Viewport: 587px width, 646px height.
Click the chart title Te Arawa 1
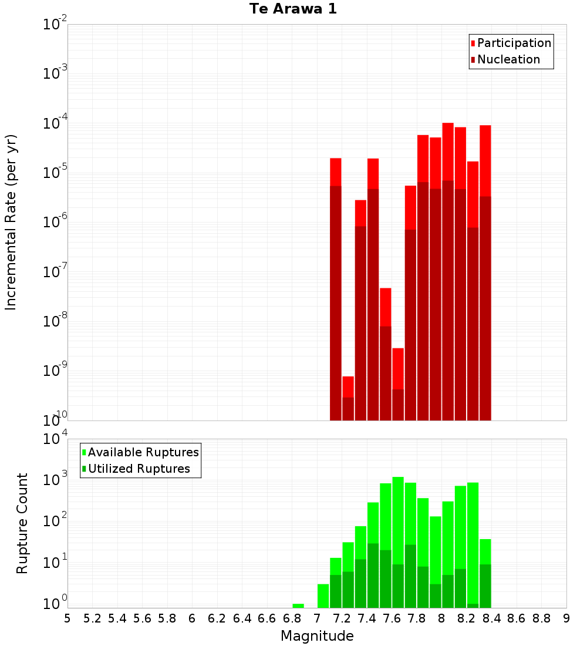click(293, 9)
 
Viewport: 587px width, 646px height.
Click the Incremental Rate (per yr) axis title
click(11, 222)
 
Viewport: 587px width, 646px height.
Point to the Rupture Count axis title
click(22, 523)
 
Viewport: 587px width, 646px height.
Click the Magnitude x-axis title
click(317, 636)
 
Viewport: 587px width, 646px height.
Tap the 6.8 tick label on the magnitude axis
click(292, 618)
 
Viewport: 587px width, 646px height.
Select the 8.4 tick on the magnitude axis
click(491, 618)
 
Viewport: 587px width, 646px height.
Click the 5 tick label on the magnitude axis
click(68, 618)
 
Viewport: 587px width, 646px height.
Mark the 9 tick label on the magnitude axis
click(566, 618)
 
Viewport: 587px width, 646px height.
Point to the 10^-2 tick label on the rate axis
click(55, 25)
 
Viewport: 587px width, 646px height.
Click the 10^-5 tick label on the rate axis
click(55, 173)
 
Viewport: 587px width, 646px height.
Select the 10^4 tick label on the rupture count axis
click(55, 439)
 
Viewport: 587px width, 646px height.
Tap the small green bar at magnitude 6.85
click(298, 605)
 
